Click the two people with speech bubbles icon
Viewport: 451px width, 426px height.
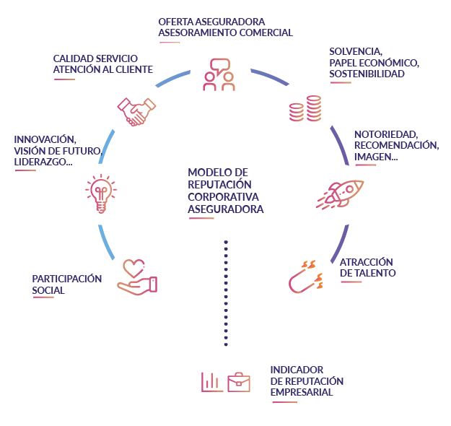219,74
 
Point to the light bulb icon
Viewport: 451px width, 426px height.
100,194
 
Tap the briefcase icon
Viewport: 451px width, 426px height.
239,381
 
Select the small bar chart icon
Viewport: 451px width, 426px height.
211,381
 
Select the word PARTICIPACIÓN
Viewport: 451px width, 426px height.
67,279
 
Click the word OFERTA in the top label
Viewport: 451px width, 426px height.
175,21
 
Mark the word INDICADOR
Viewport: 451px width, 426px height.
297,369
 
